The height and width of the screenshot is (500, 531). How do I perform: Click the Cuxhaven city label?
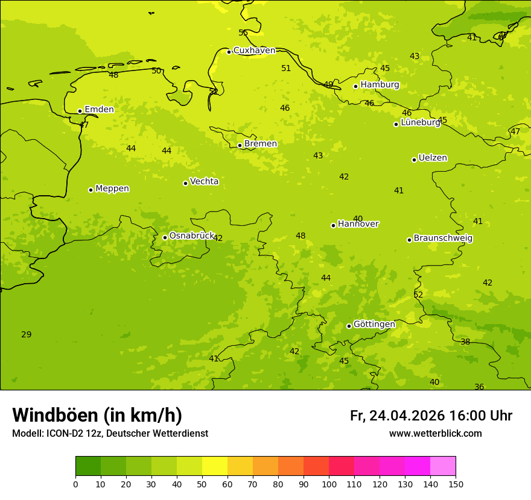254,51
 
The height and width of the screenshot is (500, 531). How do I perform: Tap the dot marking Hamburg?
356,86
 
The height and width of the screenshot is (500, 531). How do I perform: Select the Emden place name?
99,110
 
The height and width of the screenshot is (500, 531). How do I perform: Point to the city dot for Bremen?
240,145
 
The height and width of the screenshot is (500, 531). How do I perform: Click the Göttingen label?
374,325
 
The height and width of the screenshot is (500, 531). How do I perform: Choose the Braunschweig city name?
443,239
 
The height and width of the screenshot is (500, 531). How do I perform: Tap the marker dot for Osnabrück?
165,237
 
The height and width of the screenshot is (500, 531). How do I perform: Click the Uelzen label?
433,158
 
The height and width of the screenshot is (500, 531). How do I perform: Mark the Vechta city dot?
185,183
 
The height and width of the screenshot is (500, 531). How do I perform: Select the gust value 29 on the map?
27,335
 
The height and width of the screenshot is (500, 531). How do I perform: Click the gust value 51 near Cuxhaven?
286,69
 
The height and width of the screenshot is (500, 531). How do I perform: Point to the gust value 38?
465,342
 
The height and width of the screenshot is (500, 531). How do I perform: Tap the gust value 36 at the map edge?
479,387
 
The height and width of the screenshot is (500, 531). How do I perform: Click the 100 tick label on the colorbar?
329,484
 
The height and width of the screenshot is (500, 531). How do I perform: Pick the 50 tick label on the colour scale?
202,484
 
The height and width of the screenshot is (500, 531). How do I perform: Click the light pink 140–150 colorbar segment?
443,466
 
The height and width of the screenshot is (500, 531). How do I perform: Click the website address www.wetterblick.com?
435,434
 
